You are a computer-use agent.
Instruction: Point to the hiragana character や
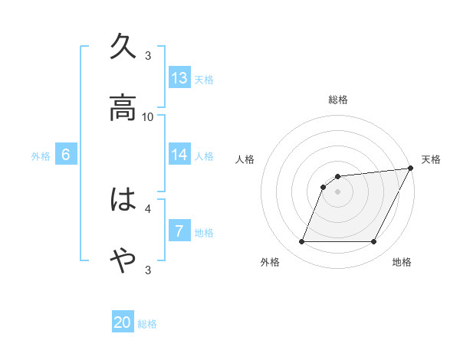(123, 261)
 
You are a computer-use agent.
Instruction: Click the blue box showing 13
(179, 77)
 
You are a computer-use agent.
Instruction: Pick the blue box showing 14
(179, 154)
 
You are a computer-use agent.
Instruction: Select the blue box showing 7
(179, 231)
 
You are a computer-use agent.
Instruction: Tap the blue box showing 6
(66, 154)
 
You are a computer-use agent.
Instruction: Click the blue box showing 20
(123, 322)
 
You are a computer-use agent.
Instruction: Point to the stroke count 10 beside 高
(148, 116)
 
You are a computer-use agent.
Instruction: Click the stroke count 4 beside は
(148, 208)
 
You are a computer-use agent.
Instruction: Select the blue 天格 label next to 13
(204, 79)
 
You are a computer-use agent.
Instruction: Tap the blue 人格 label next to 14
(204, 155)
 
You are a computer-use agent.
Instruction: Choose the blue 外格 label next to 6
(41, 155)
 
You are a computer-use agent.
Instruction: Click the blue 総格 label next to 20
(147, 324)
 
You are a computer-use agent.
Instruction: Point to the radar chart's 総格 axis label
(338, 100)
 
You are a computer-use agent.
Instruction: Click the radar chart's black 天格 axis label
(431, 159)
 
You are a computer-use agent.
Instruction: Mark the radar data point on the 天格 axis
(411, 169)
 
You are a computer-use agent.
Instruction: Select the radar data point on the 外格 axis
(301, 242)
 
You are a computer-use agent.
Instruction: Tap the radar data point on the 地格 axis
(374, 242)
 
